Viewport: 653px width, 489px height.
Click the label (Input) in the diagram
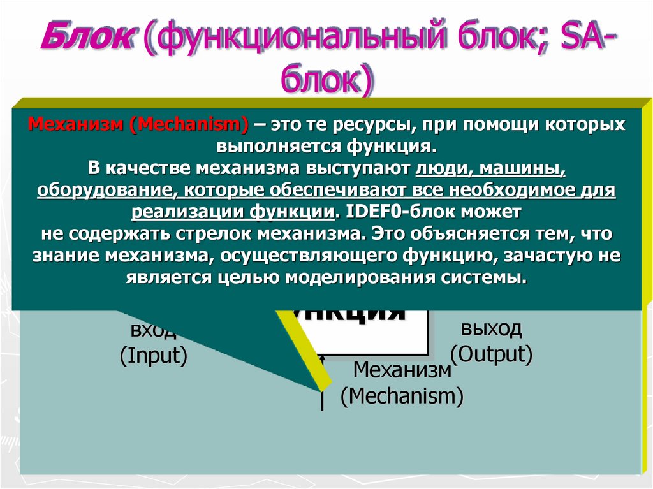tap(153, 355)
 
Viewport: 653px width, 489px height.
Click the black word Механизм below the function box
tap(402, 370)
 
